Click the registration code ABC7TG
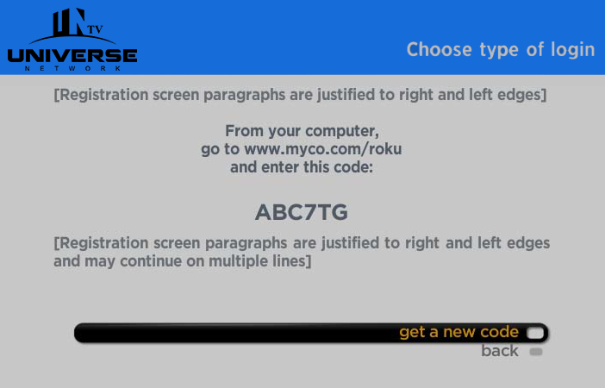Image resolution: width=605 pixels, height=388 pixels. pos(302,212)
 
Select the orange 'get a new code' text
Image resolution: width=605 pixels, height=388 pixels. pos(458,332)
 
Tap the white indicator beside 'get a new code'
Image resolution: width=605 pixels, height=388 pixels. pos(535,333)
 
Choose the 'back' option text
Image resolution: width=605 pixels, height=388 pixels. pos(500,351)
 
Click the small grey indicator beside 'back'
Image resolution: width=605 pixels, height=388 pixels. pos(536,352)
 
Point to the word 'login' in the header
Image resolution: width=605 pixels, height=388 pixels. pos(573,49)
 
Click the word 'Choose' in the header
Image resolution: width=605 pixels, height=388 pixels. pos(440,49)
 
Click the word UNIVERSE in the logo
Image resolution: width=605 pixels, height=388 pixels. pos(72,55)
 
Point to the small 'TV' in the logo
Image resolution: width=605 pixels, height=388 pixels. pos(95,29)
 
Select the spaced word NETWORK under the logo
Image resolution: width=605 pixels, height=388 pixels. pos(73,68)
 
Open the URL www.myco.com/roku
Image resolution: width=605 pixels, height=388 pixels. pos(323,149)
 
